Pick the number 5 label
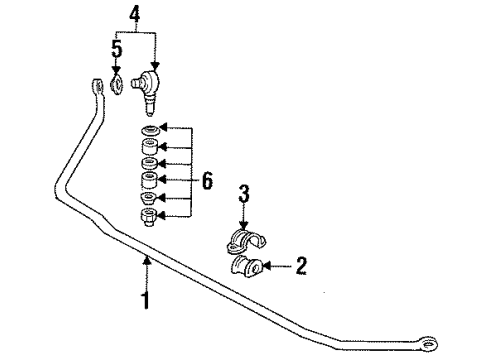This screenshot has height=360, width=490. [115, 48]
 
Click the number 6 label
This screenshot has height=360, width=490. [208, 181]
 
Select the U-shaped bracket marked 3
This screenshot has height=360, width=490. [245, 241]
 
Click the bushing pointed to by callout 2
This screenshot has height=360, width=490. [248, 268]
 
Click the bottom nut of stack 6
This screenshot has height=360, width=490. [148, 217]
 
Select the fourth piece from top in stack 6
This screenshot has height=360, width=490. [148, 181]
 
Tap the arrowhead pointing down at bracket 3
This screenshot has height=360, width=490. [243, 227]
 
